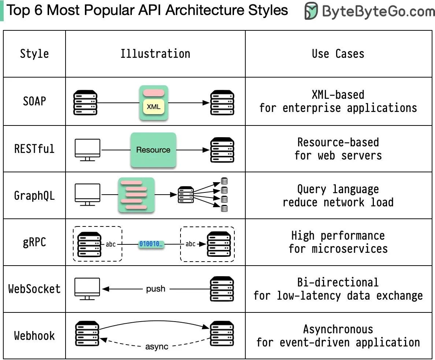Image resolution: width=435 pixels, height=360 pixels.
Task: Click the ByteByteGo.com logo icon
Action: tap(311, 11)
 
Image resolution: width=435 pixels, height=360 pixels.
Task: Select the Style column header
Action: tap(34, 54)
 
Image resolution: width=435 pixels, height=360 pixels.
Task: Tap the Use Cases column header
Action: tap(338, 54)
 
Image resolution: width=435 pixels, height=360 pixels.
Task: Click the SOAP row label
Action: tap(34, 101)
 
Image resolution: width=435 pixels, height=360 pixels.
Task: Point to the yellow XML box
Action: tap(153, 107)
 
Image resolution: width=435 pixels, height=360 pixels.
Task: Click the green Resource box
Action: tap(153, 150)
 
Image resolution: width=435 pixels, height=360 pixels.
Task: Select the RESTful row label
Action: tap(34, 149)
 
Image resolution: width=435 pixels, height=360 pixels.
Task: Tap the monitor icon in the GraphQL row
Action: tap(88, 194)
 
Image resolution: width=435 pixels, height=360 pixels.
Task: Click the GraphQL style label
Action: tap(34, 195)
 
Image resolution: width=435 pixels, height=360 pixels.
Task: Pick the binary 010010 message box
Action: tap(151, 244)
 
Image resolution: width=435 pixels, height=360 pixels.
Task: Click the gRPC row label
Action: tap(34, 242)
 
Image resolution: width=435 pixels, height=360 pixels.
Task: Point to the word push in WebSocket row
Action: tap(156, 289)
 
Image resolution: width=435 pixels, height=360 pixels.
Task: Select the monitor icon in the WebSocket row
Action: tap(87, 289)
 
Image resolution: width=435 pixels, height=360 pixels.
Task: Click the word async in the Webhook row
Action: tap(157, 346)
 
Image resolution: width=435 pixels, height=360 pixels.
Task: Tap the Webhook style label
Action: tap(34, 335)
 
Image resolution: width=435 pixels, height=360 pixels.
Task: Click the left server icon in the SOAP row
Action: tap(85, 102)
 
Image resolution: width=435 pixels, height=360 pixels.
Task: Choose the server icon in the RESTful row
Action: tap(222, 150)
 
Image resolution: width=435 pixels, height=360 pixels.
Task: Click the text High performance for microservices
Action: tap(338, 242)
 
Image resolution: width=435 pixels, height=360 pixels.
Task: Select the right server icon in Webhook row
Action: tap(222, 333)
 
